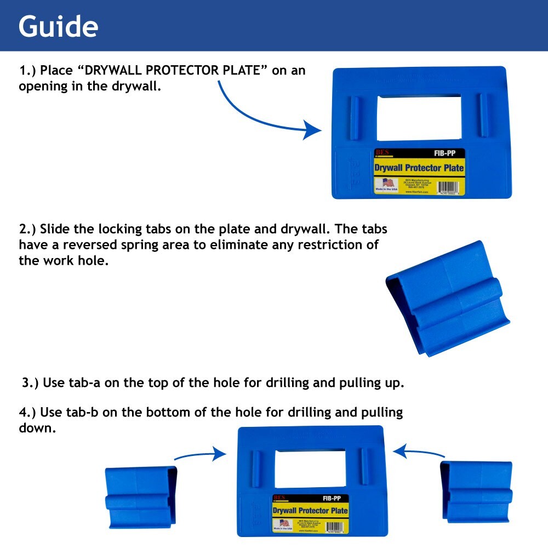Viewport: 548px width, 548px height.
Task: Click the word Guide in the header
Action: point(59,26)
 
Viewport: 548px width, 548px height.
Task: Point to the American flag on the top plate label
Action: point(387,182)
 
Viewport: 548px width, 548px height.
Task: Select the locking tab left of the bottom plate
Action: point(141,496)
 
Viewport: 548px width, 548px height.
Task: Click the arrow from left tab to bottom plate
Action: point(200,455)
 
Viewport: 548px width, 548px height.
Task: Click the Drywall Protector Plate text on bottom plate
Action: point(310,511)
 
